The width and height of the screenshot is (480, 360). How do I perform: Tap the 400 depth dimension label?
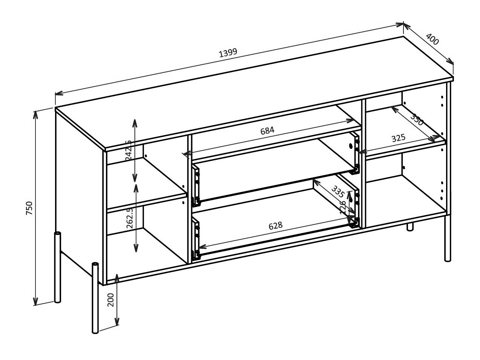tap(432, 39)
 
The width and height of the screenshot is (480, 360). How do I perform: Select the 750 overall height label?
tap(29, 208)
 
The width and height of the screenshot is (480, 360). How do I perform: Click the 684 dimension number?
tap(267, 130)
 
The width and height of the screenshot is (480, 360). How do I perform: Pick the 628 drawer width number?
tap(276, 225)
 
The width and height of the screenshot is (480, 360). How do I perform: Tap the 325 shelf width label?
tap(398, 138)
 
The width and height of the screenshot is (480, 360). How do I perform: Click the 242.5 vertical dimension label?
tap(129, 150)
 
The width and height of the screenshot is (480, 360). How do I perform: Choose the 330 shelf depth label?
tap(417, 120)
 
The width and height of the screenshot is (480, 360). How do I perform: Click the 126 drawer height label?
tap(344, 207)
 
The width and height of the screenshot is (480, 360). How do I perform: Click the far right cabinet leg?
tap(448, 241)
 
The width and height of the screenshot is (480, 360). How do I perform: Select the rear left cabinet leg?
tap(57, 268)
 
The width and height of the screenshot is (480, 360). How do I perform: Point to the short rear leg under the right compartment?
tap(410, 227)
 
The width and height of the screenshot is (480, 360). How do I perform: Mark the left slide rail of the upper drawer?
tap(196, 186)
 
